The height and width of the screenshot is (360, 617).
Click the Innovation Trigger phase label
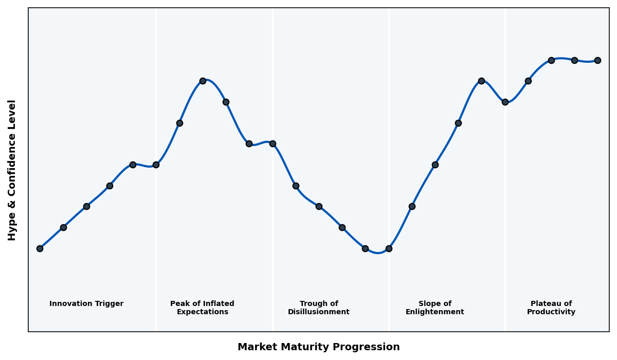pos(86,304)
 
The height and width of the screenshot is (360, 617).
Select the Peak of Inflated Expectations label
pos(202,308)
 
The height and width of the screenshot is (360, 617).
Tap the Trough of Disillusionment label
pos(318,308)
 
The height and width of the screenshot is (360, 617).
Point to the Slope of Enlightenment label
pos(434,308)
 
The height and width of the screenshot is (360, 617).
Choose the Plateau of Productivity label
pos(551,308)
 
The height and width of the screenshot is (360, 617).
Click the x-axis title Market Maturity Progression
pos(318,347)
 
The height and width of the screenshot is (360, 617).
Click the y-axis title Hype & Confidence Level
pos(12,170)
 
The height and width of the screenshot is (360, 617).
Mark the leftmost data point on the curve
pos(40,248)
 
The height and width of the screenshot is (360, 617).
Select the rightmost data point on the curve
pos(597,60)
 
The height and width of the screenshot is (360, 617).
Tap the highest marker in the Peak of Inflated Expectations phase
pos(203,81)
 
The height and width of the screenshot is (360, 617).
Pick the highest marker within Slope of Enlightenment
pos(481,81)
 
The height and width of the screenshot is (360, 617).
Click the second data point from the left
pos(63,227)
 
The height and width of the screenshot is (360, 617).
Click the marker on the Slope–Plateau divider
pos(505,102)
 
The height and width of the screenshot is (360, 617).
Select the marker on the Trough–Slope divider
pos(389,248)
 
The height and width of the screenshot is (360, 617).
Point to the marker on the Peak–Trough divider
pos(273,143)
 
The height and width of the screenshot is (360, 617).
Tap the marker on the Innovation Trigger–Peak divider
pos(156,165)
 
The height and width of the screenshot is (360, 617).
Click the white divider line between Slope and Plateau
pos(505,206)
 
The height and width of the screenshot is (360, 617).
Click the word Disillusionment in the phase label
pos(318,312)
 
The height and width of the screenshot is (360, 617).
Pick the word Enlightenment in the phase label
pos(434,312)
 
